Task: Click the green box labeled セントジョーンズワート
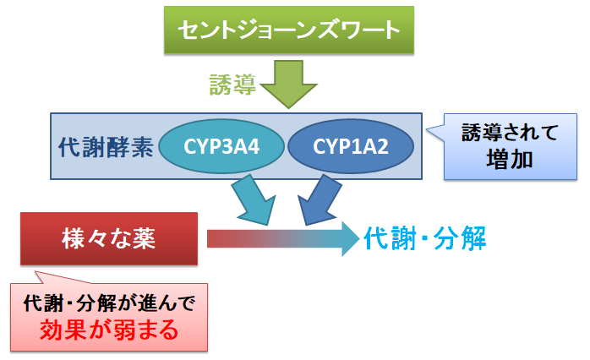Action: point(289,30)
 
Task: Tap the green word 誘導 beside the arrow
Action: point(233,85)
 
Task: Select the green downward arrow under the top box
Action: point(288,85)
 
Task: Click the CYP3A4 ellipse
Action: point(221,146)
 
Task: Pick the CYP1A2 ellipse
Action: point(351,146)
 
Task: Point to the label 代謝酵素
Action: point(107,147)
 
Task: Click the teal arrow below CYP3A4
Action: point(254,199)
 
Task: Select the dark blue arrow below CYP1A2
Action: point(319,199)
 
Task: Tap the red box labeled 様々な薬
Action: point(109,239)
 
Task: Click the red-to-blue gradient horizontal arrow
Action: point(283,239)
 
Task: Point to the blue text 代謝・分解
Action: point(425,238)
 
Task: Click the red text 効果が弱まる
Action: point(109,330)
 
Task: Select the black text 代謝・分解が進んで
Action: point(109,303)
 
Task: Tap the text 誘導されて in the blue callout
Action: point(510,133)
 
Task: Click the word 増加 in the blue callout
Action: point(510,160)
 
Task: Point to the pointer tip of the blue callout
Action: point(427,130)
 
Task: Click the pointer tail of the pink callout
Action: point(36,271)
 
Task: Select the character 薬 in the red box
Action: point(143,239)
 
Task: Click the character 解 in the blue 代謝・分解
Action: point(473,238)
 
